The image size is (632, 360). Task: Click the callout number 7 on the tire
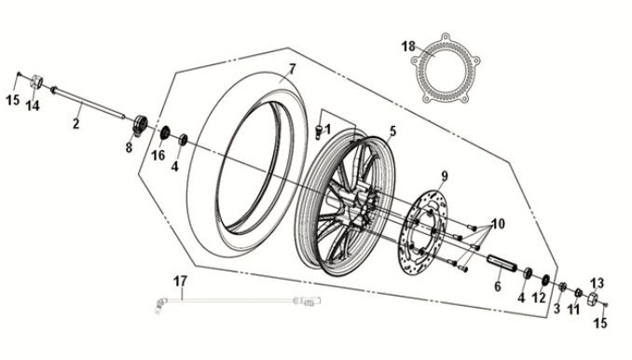click(x=291, y=68)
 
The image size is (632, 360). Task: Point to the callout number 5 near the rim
click(x=392, y=132)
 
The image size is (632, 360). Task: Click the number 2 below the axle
click(x=76, y=122)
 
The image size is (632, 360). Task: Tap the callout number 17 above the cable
click(x=181, y=280)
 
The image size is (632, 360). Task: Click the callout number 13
click(x=598, y=281)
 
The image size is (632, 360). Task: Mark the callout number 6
click(x=497, y=287)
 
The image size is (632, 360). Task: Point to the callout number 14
click(x=32, y=105)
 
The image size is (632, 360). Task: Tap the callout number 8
click(x=130, y=146)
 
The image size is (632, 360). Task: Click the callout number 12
click(x=540, y=298)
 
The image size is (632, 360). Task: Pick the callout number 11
click(x=573, y=309)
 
